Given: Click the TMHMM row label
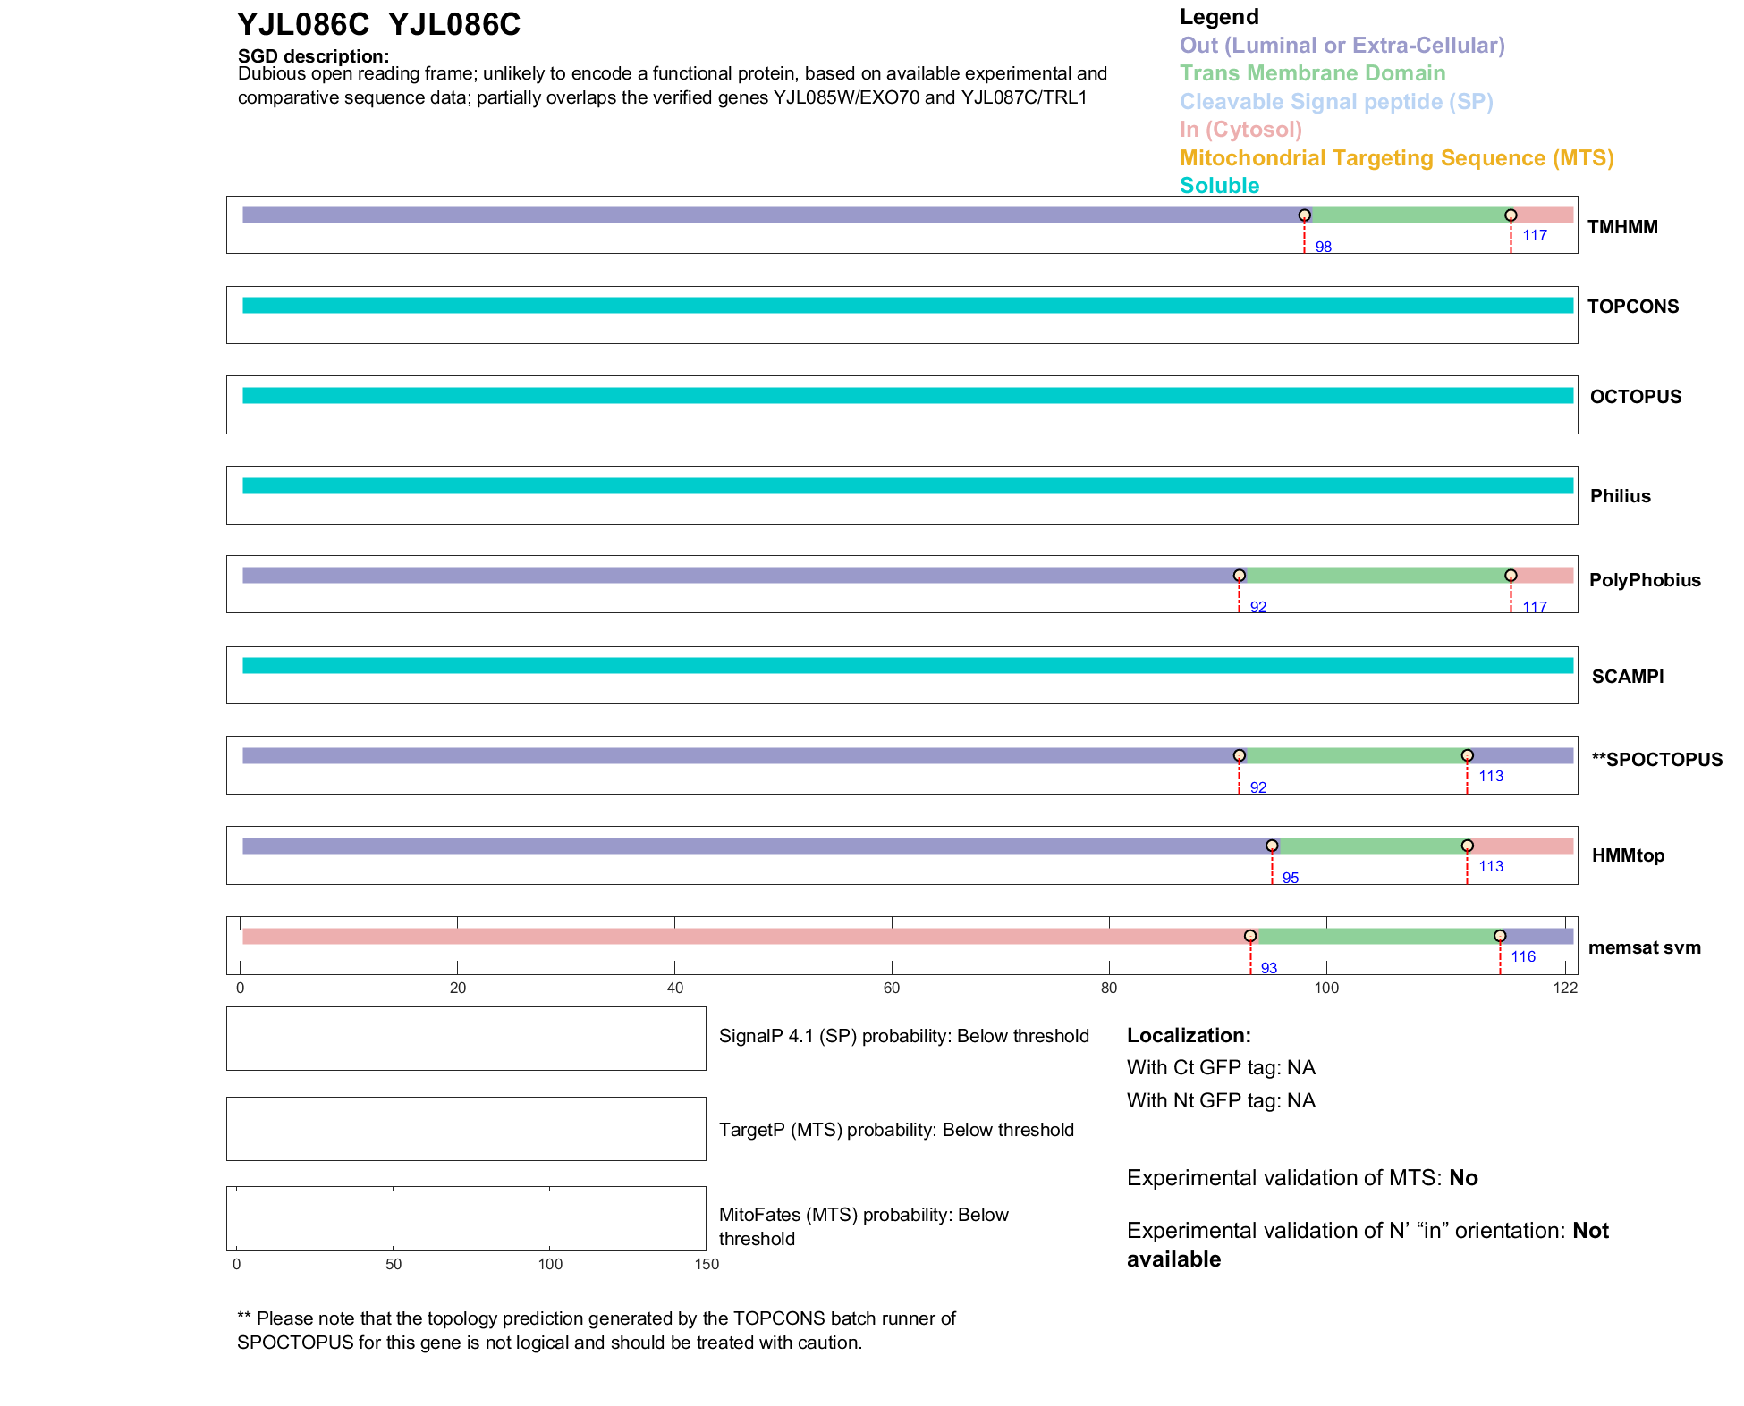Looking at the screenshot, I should click(1622, 227).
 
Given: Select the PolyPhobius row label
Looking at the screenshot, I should click(1645, 580).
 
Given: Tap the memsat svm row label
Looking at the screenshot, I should click(1644, 947).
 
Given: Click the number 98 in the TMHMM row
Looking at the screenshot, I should click(1324, 247).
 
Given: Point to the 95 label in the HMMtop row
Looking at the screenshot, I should click(1291, 878).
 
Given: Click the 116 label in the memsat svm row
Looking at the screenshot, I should click(1523, 956).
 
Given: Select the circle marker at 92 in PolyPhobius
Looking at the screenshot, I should click(1240, 576).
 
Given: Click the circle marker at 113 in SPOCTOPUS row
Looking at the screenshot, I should click(1468, 755).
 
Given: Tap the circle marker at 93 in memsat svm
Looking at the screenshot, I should click(1250, 936).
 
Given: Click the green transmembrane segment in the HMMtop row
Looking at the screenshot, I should click(1370, 846).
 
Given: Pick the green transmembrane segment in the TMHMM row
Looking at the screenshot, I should click(1408, 215).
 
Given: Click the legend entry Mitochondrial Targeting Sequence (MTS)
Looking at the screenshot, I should click(1396, 158).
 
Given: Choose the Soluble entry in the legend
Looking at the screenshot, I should click(1219, 186).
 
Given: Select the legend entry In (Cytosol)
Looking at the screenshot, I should click(1240, 130).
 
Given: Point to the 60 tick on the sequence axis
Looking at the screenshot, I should click(892, 988).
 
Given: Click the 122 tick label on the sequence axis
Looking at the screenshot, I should click(1565, 988).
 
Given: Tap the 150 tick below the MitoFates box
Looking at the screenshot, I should click(707, 1264).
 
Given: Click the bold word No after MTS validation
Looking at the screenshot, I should click(1463, 1178).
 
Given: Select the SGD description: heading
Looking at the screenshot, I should click(313, 56).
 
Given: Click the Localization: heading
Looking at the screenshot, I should click(1189, 1035).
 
